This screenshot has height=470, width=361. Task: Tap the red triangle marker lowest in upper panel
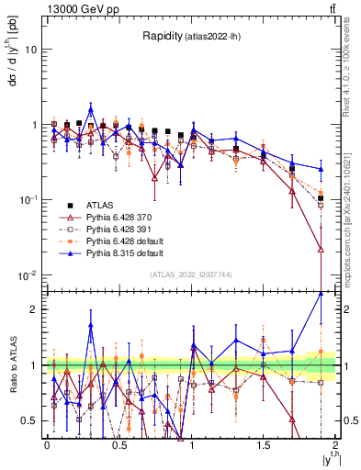coord(321,249)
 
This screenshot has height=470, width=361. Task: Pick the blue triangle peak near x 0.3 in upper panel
coord(91,107)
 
